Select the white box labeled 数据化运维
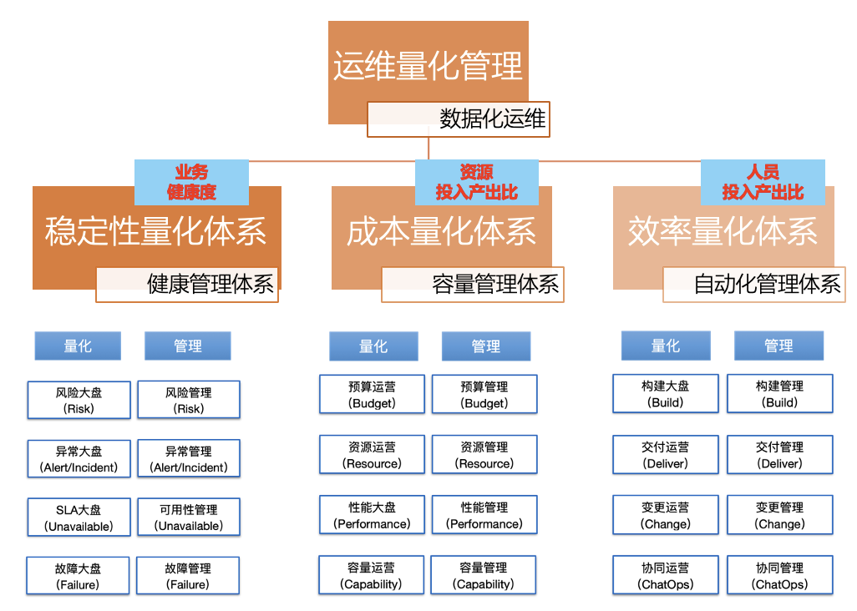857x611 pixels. pos(459,119)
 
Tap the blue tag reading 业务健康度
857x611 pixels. pos(191,182)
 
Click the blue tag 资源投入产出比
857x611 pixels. pos(476,182)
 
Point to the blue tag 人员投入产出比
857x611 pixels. pos(762,182)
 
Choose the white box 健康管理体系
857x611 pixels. pos(187,284)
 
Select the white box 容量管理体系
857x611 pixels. pos(472,284)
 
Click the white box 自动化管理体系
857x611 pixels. pos(753,284)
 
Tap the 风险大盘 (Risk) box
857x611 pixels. pos(79,400)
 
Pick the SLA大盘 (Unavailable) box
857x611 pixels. pos(79,517)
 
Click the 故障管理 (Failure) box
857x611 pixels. pos(188,576)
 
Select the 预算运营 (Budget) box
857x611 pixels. pos(372,394)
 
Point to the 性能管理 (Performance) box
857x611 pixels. pos(484,515)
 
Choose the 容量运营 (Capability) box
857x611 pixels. pos(372,575)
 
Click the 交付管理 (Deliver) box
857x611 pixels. pos(779,455)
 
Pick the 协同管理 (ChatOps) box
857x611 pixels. pos(779,575)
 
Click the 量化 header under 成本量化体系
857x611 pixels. pos(373,346)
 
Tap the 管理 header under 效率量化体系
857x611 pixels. pos(778,346)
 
